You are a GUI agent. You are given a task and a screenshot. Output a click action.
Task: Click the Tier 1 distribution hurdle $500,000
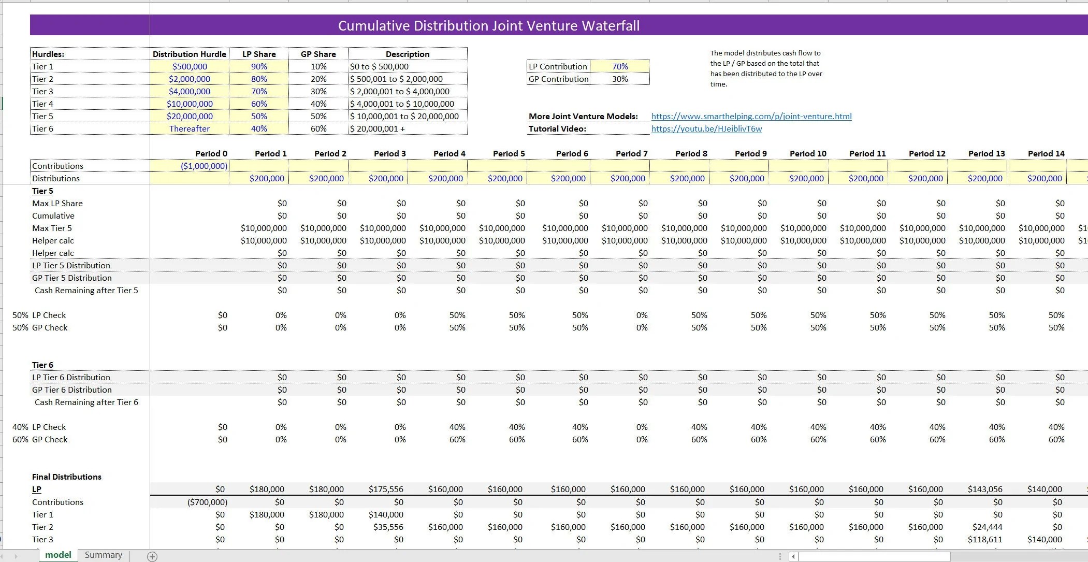(190, 66)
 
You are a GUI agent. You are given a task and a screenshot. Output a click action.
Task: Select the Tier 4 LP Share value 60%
(259, 104)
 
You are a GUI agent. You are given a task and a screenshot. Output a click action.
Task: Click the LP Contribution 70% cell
(619, 66)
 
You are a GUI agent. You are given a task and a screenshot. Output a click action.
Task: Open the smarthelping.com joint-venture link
(751, 116)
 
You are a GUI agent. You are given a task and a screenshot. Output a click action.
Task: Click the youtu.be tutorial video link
(706, 128)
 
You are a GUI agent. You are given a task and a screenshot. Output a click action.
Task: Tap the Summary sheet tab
(104, 555)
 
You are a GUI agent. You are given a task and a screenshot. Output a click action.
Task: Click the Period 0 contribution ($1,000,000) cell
(204, 166)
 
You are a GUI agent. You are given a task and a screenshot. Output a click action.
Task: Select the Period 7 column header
(631, 153)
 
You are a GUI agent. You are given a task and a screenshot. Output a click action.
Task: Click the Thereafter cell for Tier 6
(190, 128)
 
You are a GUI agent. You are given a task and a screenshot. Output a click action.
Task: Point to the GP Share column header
(318, 54)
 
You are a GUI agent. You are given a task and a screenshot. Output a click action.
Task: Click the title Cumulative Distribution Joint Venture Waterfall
(488, 25)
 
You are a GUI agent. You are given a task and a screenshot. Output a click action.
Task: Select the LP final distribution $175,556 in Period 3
(386, 489)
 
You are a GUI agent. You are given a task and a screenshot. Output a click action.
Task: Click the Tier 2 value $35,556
(388, 527)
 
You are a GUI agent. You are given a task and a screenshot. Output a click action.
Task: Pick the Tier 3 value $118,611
(984, 539)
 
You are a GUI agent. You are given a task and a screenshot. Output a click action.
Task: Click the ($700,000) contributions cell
(207, 502)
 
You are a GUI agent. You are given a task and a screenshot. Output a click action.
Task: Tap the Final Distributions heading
(67, 477)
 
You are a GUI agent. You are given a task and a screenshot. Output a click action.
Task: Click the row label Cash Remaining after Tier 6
(86, 402)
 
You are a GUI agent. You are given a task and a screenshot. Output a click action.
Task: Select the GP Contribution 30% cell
(619, 79)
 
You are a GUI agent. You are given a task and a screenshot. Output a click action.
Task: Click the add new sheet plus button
(152, 556)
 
